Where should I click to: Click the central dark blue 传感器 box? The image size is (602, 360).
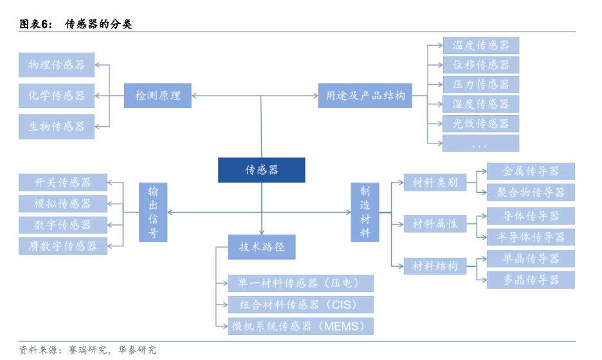pos(261,170)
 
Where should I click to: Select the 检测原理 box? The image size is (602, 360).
pos(158,96)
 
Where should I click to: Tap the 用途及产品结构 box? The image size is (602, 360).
pos(363,96)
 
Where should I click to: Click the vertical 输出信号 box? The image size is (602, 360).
pos(153,212)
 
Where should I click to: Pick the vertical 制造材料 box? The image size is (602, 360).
pos(365,212)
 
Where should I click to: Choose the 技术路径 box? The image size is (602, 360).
pos(261,247)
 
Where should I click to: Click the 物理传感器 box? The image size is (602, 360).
pos(57,65)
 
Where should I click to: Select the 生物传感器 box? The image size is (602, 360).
pos(57,127)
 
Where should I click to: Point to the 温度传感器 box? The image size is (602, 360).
pos(480,46)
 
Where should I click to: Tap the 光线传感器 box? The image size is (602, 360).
pos(480,123)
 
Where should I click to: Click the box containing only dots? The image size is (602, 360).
pos(480,143)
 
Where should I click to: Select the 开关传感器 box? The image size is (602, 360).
pos(63,183)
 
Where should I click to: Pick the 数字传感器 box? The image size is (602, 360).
pos(63,225)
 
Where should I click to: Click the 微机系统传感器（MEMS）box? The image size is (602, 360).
pos(301,326)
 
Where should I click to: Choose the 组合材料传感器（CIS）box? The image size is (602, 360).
pos(301,305)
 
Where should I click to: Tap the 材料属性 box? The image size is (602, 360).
pos(435,224)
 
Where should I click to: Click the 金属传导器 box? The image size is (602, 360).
pos(531,172)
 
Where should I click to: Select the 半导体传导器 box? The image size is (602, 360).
pos(531,237)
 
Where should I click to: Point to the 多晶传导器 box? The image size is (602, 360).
pos(531,280)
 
